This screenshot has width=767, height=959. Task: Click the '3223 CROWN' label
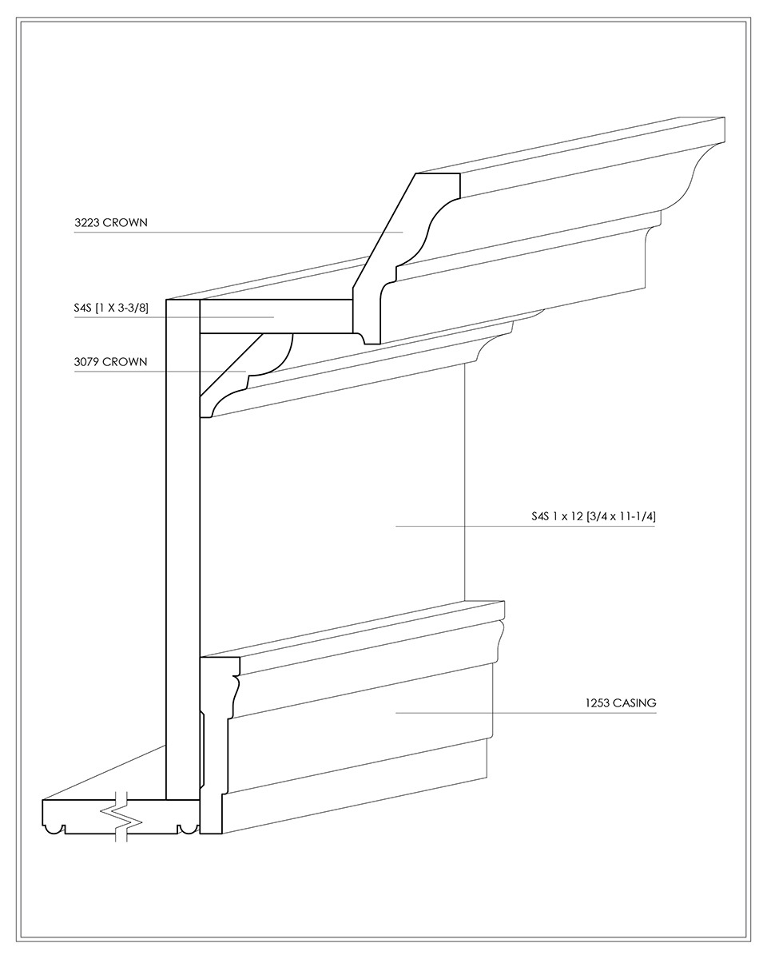[x=110, y=222]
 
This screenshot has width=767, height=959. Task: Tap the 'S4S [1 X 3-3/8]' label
[x=111, y=308]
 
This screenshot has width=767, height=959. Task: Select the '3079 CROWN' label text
[x=110, y=361]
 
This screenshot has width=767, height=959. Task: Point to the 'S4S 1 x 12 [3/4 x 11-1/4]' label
[x=593, y=516]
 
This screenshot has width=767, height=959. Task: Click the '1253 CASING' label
[x=621, y=703]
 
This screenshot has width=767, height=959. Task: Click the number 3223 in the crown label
[x=86, y=222]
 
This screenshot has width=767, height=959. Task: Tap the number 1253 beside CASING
[x=597, y=703]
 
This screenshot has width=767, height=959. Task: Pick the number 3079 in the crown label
[x=86, y=361]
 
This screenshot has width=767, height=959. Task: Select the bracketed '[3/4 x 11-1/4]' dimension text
[x=622, y=516]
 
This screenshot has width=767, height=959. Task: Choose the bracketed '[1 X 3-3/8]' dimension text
[x=122, y=308]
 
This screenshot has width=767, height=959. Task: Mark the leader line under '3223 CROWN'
[x=238, y=233]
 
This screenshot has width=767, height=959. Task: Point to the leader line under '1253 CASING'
[x=526, y=713]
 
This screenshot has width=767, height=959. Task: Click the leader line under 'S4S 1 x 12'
[x=525, y=527]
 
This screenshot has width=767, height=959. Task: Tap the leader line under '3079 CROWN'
[x=160, y=371]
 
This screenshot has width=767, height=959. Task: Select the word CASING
[x=634, y=703]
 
